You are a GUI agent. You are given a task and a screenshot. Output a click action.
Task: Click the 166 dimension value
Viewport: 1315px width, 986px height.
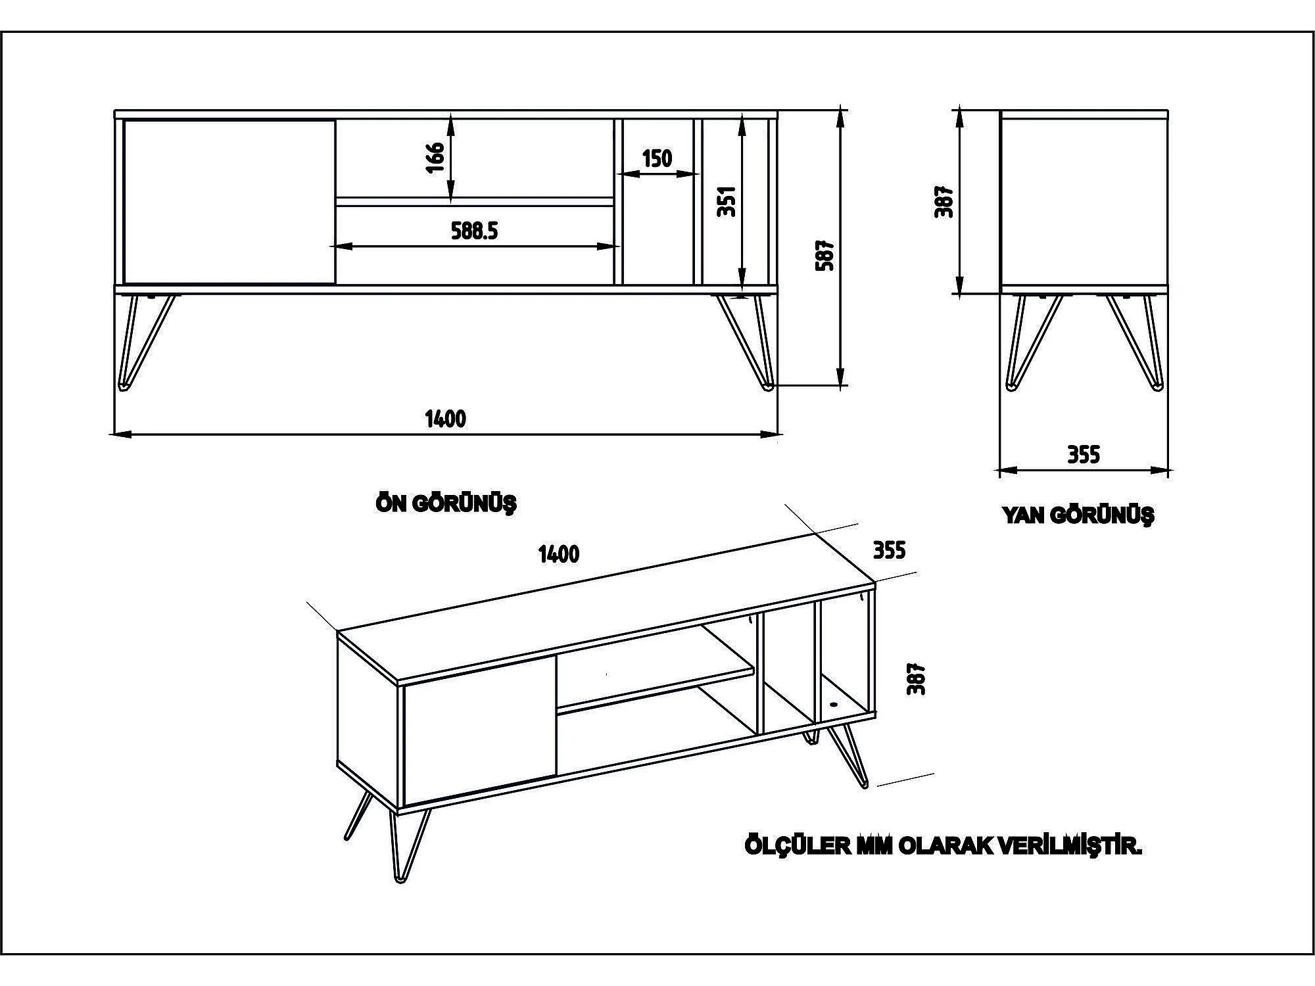pos(435,157)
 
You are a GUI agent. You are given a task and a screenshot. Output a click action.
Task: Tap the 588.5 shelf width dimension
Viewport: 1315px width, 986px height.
pos(474,231)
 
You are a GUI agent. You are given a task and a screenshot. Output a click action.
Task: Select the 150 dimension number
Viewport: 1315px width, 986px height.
pos(657,158)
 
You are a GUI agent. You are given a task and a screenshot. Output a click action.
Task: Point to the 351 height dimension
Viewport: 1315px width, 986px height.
pos(726,202)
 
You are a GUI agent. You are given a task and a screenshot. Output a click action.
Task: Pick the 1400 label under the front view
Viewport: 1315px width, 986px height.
pos(445,419)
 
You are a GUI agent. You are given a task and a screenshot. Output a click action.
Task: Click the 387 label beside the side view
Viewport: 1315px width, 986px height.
pos(944,202)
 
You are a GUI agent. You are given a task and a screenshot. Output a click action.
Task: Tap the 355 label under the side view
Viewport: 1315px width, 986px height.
pos(1083,455)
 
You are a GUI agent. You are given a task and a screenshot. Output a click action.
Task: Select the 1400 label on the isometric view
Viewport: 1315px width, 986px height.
pos(559,554)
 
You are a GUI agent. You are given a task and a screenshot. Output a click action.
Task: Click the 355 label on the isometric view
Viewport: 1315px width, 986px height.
pos(889,550)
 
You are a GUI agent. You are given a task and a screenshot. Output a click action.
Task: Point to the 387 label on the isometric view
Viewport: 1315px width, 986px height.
pos(916,678)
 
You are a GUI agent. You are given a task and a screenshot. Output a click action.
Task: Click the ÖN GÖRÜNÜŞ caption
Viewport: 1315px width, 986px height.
pos(446,504)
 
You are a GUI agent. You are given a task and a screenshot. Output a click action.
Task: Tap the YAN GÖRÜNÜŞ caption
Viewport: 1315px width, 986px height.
pos(1078,515)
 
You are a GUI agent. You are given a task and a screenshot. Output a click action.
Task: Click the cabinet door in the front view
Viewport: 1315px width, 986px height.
pos(229,202)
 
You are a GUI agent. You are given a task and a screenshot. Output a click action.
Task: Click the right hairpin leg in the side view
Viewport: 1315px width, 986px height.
pos(1136,342)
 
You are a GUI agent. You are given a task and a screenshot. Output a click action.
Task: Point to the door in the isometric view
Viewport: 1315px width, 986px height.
pos(479,730)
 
